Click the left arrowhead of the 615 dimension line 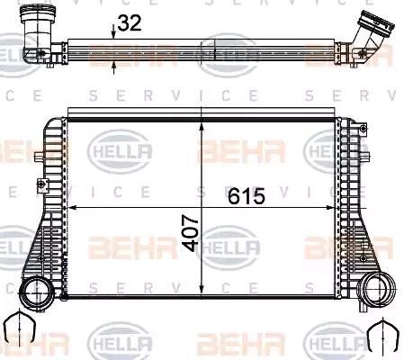point(75,207)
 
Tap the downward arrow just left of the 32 point(112,34)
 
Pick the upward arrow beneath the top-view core point(112,64)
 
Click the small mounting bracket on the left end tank point(40,186)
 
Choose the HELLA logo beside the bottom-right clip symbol point(337,341)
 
